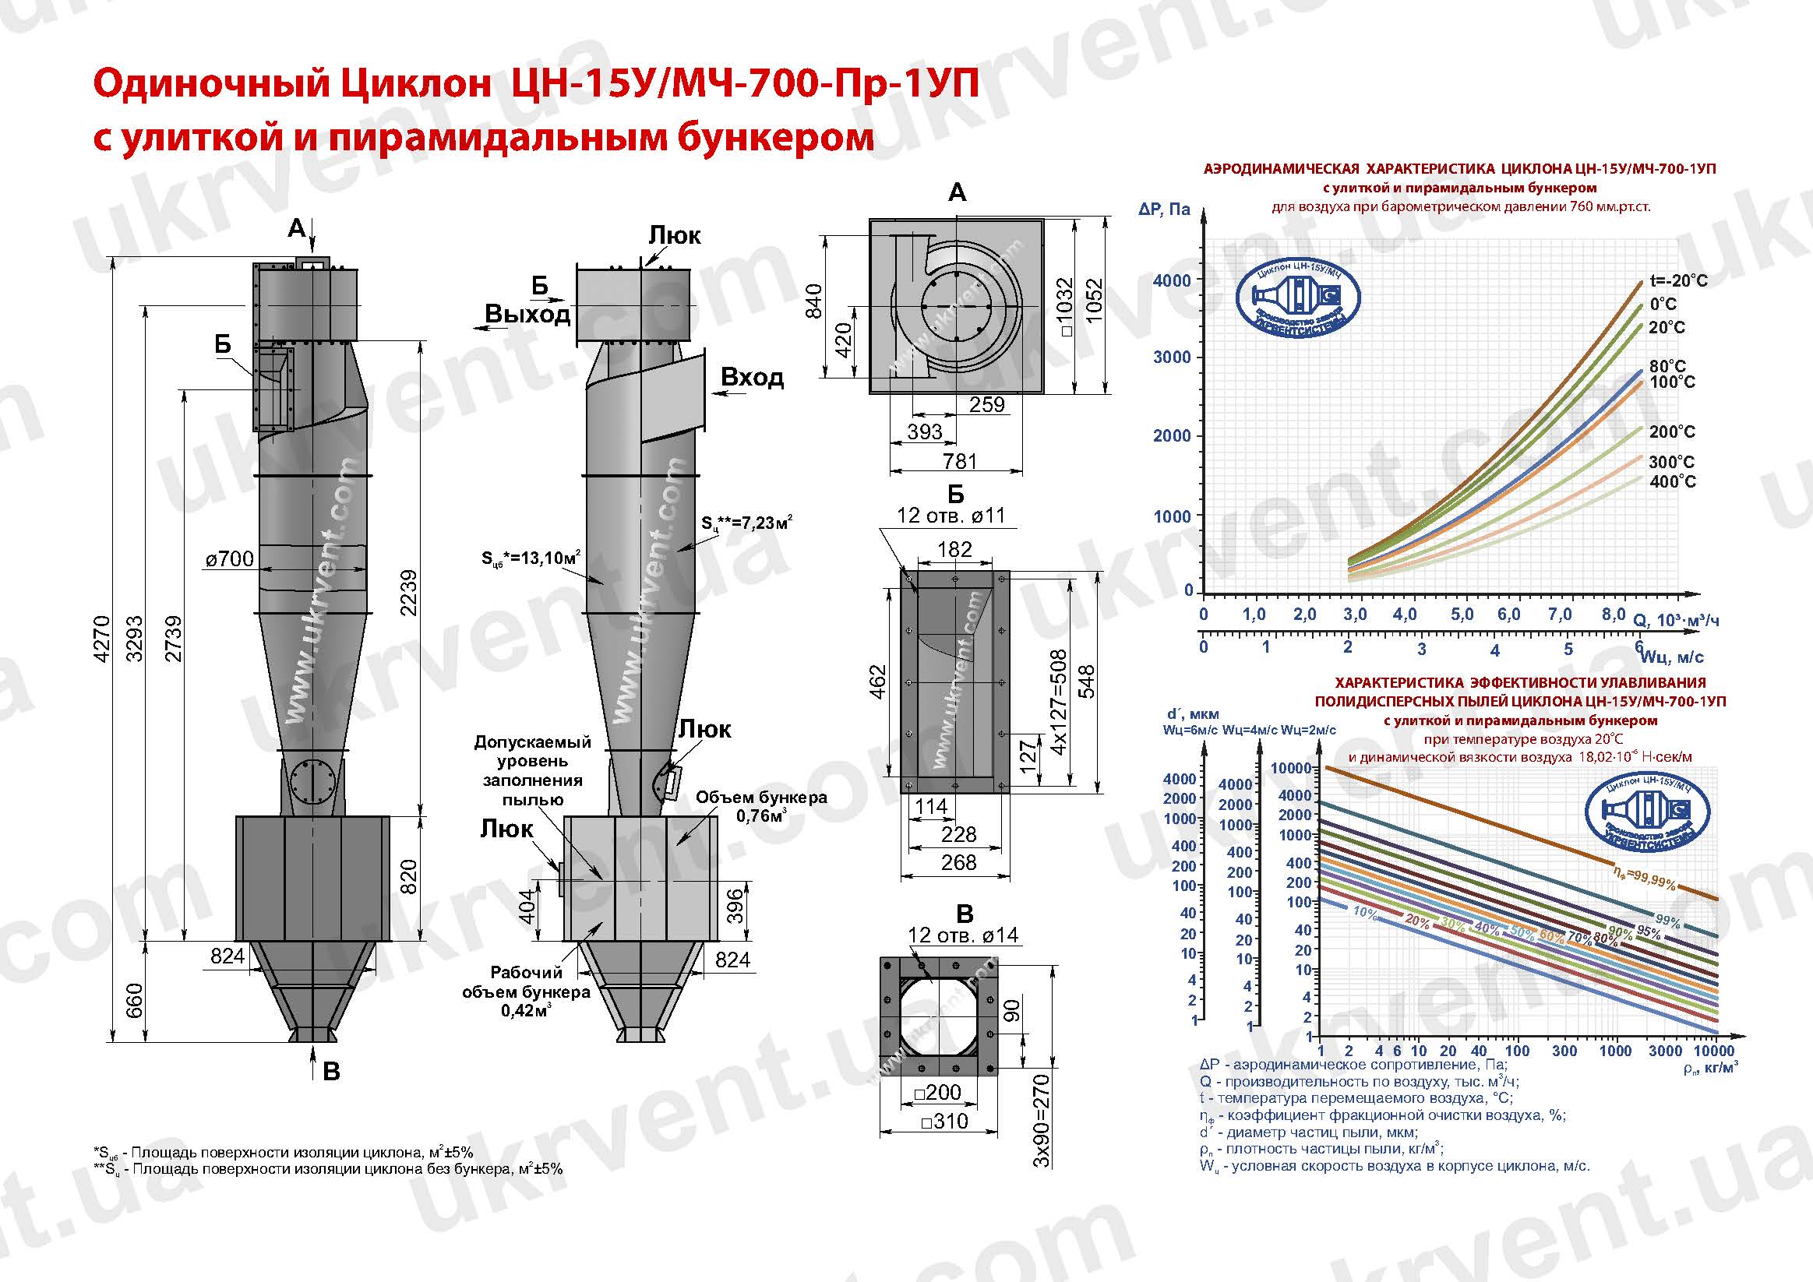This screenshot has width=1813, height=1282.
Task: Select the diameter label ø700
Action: click(x=230, y=560)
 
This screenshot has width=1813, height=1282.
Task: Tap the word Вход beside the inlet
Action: click(x=752, y=377)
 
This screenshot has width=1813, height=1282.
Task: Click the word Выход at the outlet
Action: click(x=527, y=314)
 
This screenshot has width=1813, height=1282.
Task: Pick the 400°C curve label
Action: click(x=1673, y=481)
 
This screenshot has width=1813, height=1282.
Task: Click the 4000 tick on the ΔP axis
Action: click(x=1172, y=280)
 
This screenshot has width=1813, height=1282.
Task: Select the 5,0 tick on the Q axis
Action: click(x=1462, y=615)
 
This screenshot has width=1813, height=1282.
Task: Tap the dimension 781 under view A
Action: click(x=959, y=461)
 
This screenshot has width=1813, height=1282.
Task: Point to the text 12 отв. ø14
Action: click(x=962, y=935)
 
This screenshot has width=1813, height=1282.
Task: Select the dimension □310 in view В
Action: click(x=939, y=1121)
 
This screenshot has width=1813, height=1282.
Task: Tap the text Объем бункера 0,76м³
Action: click(x=760, y=806)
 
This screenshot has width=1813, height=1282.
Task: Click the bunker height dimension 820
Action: click(x=409, y=877)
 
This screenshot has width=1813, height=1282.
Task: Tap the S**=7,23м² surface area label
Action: click(x=746, y=523)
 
